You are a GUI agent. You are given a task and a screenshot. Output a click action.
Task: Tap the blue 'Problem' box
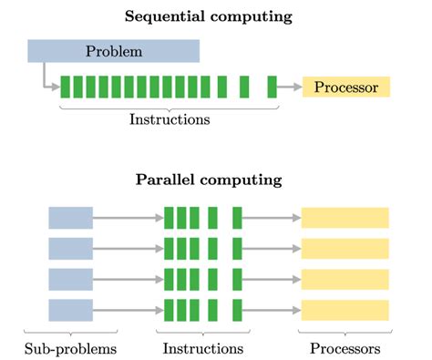(114, 51)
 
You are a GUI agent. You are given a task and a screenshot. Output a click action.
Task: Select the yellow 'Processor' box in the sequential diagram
(345, 87)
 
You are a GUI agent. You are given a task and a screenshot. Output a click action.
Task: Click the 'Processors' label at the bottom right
(345, 348)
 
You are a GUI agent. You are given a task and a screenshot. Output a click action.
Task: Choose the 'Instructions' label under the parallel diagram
(203, 348)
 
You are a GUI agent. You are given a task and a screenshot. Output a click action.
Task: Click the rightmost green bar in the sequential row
(272, 87)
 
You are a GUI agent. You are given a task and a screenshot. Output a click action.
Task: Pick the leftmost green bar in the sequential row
(66, 87)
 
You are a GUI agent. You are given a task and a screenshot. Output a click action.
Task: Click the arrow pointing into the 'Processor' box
(289, 87)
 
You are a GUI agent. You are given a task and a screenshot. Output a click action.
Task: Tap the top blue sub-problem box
(70, 218)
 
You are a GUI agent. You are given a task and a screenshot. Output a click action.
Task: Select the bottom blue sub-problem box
(70, 310)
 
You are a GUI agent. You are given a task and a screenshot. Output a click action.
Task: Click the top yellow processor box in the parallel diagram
(345, 218)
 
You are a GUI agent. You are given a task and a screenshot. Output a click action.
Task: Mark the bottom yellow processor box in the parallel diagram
(345, 310)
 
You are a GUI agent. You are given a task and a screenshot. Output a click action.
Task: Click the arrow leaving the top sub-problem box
(128, 218)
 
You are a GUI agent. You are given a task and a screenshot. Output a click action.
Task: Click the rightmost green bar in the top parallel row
(237, 218)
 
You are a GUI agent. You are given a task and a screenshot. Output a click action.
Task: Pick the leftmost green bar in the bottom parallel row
(169, 310)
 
